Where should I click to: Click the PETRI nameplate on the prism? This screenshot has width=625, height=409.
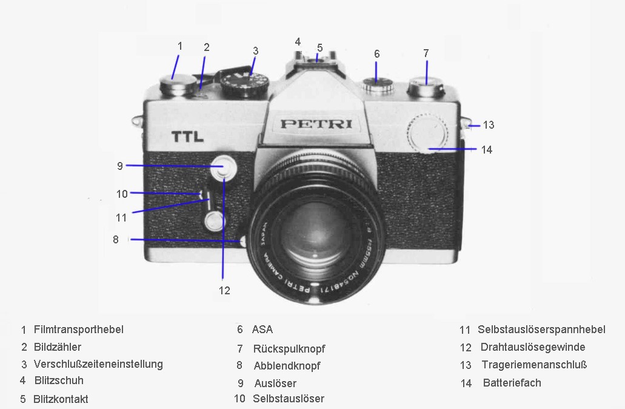[x=316, y=124]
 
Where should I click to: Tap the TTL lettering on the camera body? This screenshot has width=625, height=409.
[x=187, y=137]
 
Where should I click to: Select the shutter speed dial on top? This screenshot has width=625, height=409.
[x=245, y=84]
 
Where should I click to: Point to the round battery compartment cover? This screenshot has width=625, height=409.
[x=427, y=132]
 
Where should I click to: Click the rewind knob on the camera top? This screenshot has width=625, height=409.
[x=426, y=88]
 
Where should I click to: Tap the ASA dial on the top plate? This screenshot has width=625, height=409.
[x=378, y=84]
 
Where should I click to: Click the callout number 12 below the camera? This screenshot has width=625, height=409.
[x=224, y=291]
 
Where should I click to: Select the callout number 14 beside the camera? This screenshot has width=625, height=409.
[x=487, y=150]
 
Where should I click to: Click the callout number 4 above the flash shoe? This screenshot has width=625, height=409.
[x=298, y=41]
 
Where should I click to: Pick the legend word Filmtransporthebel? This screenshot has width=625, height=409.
[x=79, y=330]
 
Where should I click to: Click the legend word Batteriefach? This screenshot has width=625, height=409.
[x=512, y=383]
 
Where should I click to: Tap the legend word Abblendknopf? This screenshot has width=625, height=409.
[x=287, y=366]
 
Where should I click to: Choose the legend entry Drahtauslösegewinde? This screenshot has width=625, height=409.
[x=533, y=347]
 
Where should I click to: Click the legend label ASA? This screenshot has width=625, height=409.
[x=262, y=330]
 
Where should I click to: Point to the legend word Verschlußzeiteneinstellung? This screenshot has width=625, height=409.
[x=98, y=364]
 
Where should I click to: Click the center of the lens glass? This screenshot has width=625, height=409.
[x=315, y=234]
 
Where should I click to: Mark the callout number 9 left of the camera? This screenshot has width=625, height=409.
[x=120, y=166]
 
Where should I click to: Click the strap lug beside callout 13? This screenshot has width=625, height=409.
[x=467, y=124]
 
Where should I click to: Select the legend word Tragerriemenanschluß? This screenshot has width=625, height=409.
[x=534, y=365]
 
